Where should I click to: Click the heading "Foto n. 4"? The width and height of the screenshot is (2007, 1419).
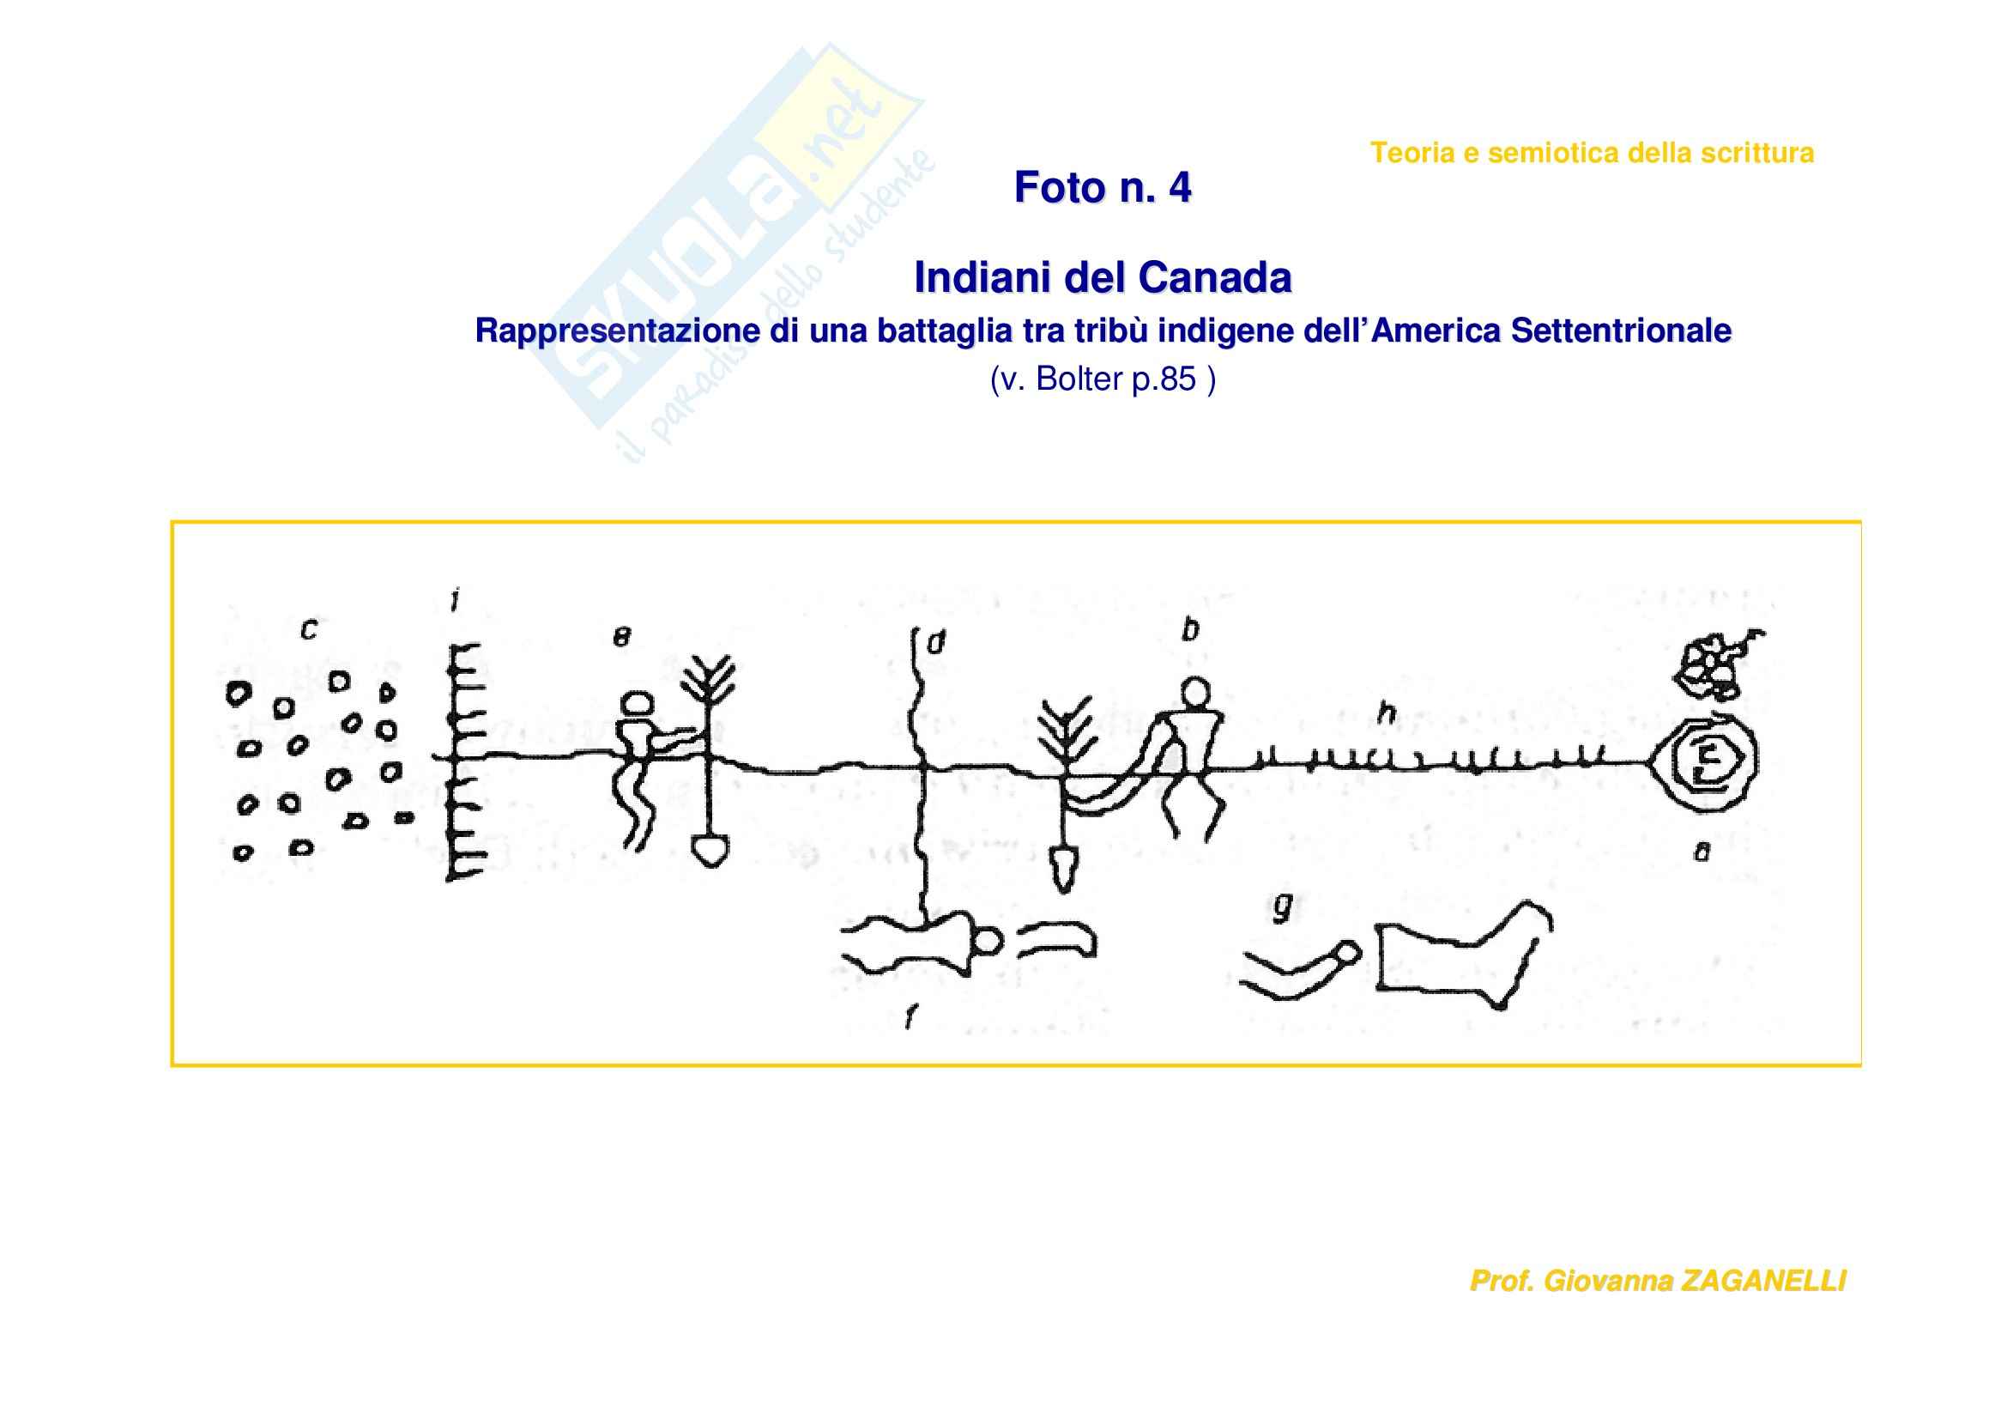[1103, 187]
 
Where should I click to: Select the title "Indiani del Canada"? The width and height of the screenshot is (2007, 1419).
[1103, 278]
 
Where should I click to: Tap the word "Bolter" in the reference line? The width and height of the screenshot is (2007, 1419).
[1079, 379]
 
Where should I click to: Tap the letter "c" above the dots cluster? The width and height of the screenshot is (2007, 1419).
[308, 629]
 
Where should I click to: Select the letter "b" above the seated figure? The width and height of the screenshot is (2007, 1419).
[1189, 628]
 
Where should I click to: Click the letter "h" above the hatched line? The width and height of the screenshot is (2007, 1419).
[1387, 713]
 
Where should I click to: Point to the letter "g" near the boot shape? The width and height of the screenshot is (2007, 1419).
[1282, 908]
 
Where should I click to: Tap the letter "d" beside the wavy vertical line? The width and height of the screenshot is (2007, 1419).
[936, 645]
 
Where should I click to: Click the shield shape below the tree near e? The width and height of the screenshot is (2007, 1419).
[710, 852]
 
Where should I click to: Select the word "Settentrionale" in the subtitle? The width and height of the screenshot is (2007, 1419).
[1621, 330]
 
